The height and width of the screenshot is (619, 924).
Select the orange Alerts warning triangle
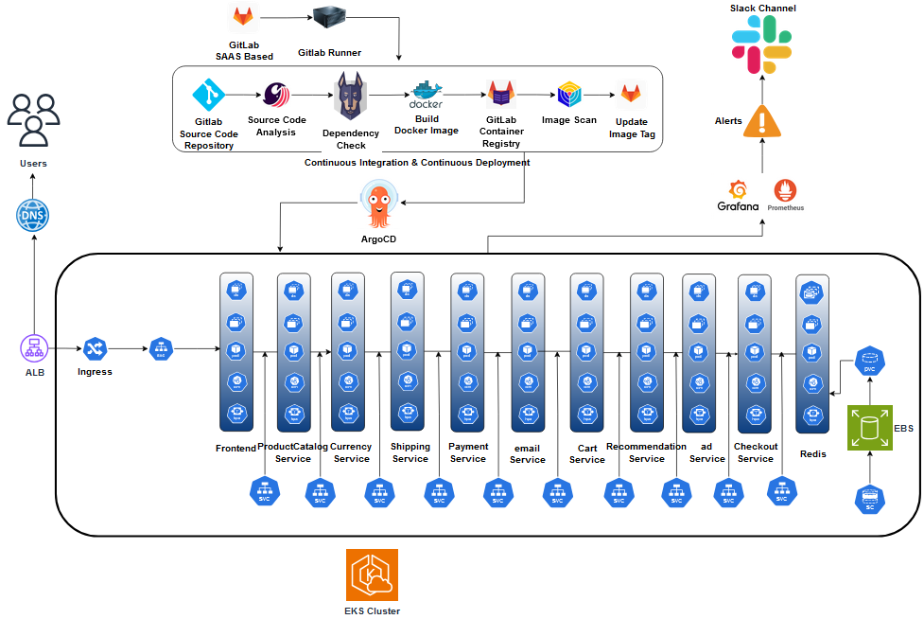762,120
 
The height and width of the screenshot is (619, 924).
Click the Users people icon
33,120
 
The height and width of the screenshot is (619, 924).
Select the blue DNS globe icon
33,216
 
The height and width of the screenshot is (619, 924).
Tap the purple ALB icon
34,348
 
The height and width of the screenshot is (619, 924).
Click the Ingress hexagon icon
95,348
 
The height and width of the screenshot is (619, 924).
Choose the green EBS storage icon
868,429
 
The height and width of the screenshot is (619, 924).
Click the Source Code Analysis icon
276,95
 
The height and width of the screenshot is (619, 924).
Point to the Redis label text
812,454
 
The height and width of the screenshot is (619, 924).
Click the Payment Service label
468,452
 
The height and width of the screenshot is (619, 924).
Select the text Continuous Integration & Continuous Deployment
416,163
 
